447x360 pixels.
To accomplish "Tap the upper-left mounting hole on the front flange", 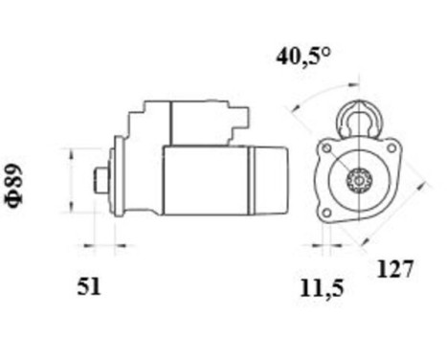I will point(326,151).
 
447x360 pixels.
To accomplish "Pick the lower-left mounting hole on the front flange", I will point(326,211).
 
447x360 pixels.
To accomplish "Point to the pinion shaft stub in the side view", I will point(101,180).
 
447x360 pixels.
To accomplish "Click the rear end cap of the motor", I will point(269,180).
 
